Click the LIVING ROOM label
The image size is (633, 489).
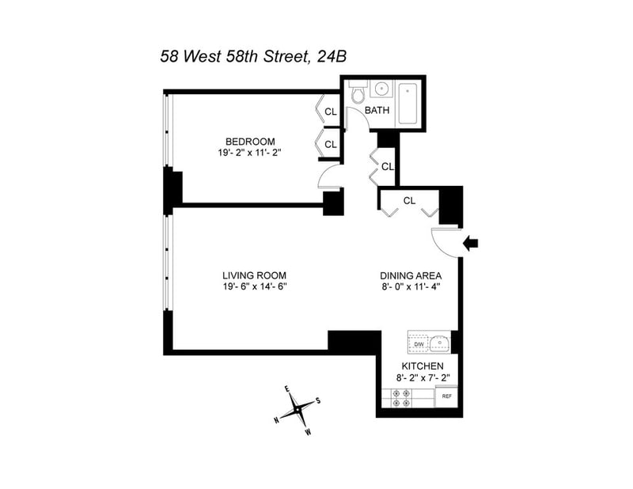(253, 275)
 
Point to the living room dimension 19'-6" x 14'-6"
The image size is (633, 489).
(253, 287)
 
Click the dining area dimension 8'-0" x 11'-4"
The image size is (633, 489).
(408, 287)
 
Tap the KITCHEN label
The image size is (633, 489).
(423, 366)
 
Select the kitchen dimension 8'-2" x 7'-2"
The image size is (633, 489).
(423, 378)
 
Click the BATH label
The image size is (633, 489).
(377, 111)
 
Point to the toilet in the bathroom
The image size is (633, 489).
(357, 96)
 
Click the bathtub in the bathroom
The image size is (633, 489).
(409, 104)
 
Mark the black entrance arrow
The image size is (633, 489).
(471, 244)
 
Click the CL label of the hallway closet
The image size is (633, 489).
(387, 167)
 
